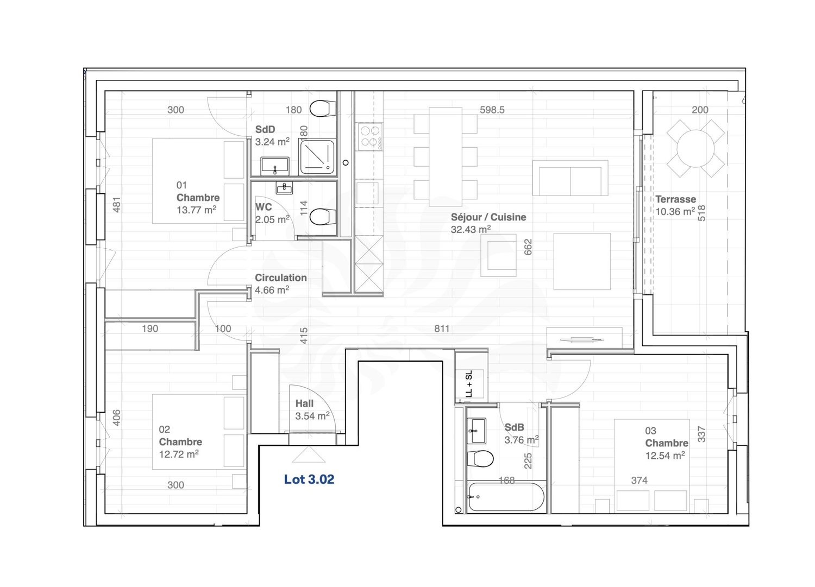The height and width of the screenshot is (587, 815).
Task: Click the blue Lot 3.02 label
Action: (x=309, y=479)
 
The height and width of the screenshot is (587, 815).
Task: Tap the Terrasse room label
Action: (x=675, y=199)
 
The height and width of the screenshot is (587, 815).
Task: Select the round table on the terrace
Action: (x=695, y=147)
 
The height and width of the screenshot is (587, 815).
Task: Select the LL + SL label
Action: (x=469, y=383)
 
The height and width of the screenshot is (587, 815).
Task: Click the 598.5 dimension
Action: (x=492, y=110)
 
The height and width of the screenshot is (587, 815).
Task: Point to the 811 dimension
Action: (x=442, y=329)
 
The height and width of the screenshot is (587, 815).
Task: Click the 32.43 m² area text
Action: (x=471, y=230)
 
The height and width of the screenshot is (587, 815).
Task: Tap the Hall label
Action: (x=304, y=403)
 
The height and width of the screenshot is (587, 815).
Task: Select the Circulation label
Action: (x=281, y=277)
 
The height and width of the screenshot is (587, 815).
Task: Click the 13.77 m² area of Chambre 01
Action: (x=196, y=210)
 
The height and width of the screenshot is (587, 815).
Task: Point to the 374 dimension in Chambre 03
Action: (x=639, y=480)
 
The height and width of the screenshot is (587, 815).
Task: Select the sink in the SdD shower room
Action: (x=275, y=166)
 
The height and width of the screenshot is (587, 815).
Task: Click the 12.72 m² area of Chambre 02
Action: (x=178, y=455)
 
